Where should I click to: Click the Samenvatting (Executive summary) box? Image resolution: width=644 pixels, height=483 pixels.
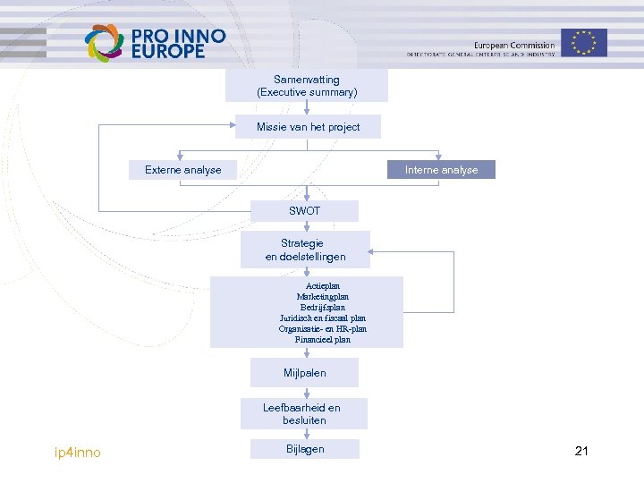(x=307, y=86)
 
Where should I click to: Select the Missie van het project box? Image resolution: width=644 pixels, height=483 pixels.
(x=308, y=127)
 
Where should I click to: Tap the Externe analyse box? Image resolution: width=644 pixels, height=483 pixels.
(x=183, y=170)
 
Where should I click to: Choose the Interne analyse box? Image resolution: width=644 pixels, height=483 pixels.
(x=441, y=170)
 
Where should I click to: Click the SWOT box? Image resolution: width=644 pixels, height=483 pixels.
(x=304, y=211)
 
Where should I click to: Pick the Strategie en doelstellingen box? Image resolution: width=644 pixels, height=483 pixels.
(x=305, y=250)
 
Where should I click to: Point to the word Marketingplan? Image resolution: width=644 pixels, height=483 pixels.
(x=323, y=296)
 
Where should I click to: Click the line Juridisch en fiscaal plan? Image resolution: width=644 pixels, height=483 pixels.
(x=323, y=318)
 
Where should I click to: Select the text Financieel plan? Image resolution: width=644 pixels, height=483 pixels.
(x=323, y=339)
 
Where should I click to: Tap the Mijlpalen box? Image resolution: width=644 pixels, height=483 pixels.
(x=305, y=372)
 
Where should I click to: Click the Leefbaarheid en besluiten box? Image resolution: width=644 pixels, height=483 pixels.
(x=301, y=413)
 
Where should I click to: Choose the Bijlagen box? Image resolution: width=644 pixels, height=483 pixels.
(x=305, y=449)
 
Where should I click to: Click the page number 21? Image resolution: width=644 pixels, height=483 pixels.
(x=581, y=451)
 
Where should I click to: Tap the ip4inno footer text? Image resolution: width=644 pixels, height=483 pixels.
(x=78, y=453)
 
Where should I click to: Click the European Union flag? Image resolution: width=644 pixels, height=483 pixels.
(x=584, y=42)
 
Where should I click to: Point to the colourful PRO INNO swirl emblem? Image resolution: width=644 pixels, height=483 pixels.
(x=104, y=42)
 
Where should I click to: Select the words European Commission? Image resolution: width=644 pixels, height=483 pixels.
(x=514, y=46)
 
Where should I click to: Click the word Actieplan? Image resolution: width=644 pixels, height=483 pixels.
(x=323, y=285)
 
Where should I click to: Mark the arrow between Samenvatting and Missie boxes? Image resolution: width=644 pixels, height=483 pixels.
(x=307, y=108)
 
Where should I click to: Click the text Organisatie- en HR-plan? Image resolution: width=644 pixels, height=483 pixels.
(x=323, y=328)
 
